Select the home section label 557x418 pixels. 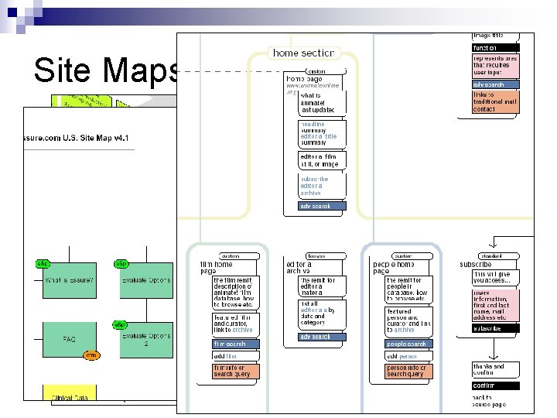pos(303,53)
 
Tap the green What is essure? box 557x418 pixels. pos(69,281)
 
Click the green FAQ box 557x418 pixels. pos(69,339)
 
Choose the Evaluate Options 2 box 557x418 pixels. pos(145,339)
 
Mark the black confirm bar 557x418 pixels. pos(495,385)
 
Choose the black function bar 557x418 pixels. pos(495,48)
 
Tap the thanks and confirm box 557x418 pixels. pos(495,370)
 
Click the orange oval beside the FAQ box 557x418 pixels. pos(91,355)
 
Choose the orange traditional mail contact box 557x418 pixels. pos(495,101)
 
